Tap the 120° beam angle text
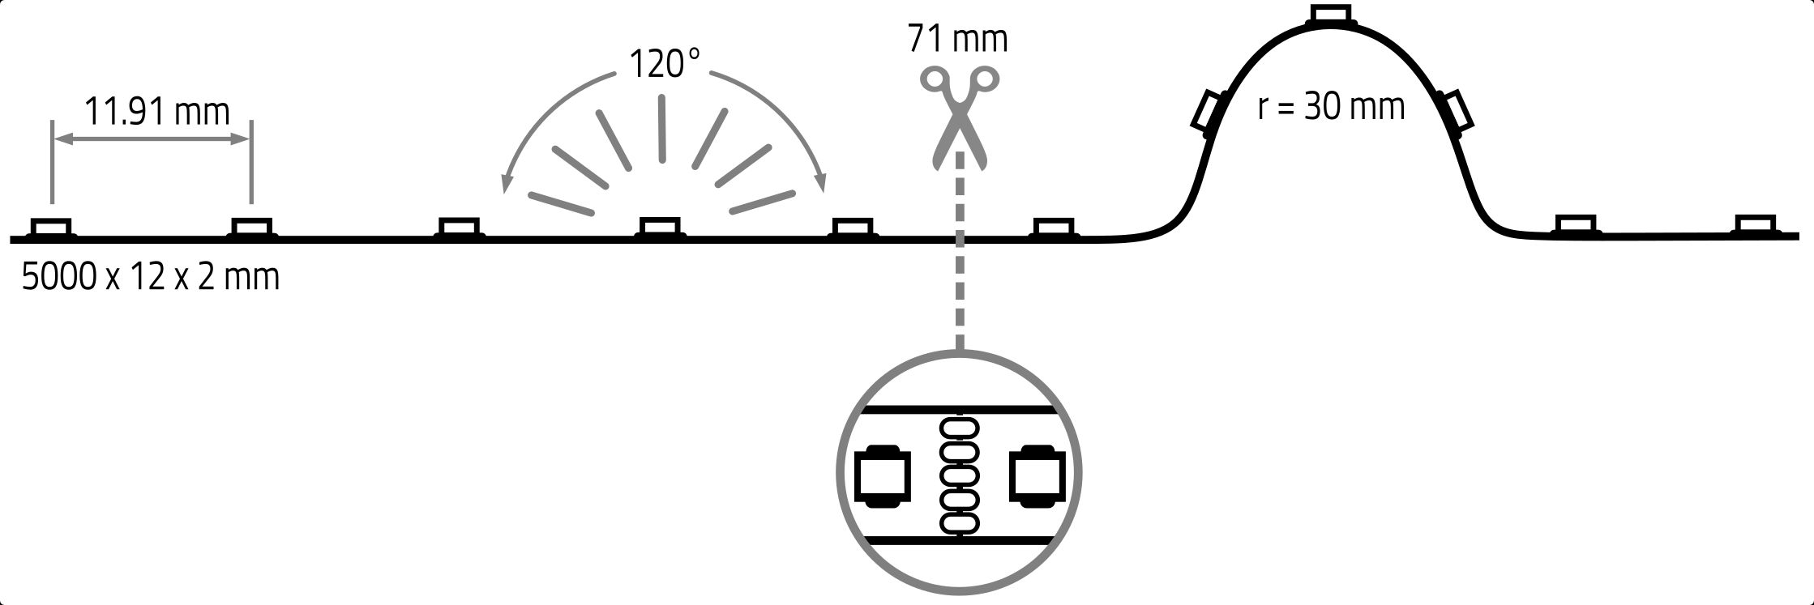tap(664, 64)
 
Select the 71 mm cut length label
tap(957, 38)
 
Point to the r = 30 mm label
tap(1330, 107)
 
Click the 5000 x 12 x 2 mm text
tap(150, 278)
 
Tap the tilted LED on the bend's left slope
tap(1208, 112)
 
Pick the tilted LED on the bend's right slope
tap(1457, 111)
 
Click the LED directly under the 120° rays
tap(660, 227)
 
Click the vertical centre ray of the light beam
tap(662, 130)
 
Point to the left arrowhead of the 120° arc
tap(506, 185)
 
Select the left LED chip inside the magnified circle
tap(883, 476)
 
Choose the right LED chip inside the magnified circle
tap(1036, 476)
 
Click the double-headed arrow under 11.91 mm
tap(152, 140)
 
